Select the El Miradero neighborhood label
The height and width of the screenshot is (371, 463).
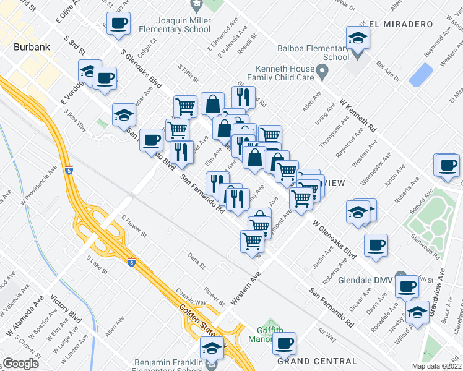coord(400,24)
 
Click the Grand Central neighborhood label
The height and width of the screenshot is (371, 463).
coord(317,361)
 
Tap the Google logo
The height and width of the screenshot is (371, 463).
coord(21,364)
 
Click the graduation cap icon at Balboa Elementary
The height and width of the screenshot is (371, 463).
coord(358,38)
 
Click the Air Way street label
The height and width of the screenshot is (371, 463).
coord(327,331)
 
